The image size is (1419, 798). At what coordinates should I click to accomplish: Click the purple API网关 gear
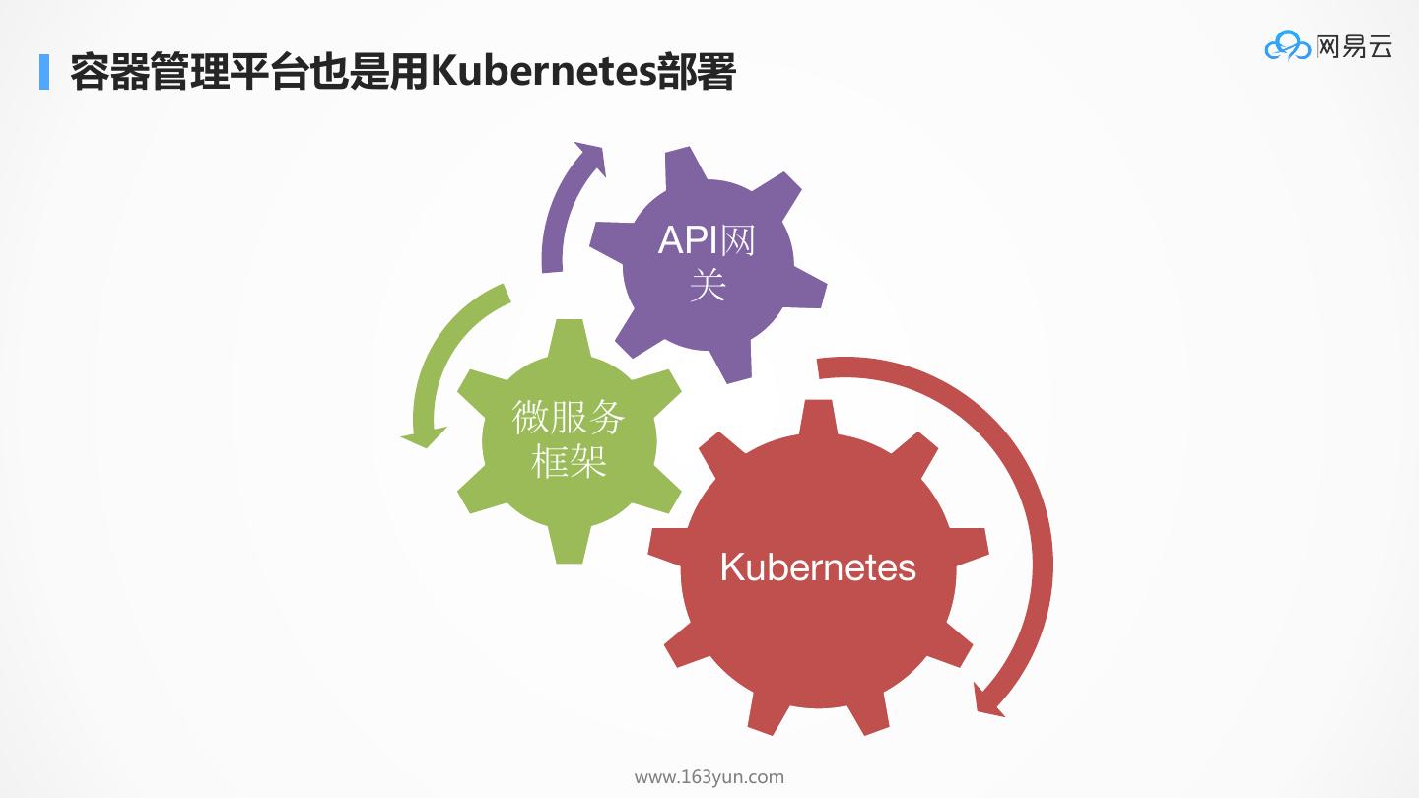coord(708,325)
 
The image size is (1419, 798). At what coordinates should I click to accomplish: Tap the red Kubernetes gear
coord(818,640)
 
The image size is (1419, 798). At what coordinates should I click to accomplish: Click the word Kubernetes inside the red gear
coord(818,567)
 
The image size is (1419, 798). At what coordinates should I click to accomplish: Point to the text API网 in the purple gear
coord(707,239)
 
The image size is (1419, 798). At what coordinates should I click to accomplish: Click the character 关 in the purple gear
coord(708,286)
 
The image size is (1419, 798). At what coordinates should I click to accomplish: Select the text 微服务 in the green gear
coord(569,417)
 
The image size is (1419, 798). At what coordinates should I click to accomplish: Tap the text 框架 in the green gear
coord(569,461)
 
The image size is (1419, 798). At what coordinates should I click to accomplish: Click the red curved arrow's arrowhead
coord(988,699)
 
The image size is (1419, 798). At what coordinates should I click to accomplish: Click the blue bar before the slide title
coord(43,72)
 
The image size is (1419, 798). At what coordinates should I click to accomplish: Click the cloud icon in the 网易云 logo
coord(1287,45)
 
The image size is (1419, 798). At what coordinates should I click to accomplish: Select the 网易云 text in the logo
coord(1354,45)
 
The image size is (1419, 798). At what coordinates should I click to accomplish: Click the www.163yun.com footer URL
coord(709,777)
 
